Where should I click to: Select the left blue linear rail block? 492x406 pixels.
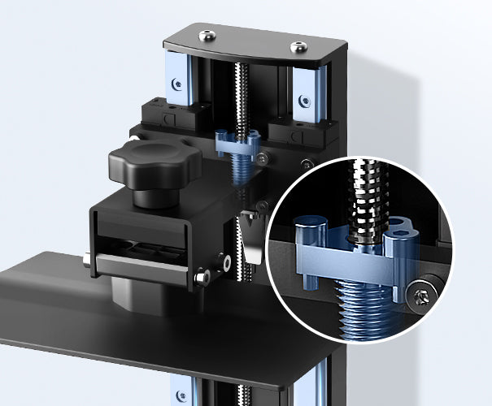(178, 77)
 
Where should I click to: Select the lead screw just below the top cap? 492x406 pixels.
(240, 89)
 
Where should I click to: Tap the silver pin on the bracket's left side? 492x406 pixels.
(85, 261)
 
